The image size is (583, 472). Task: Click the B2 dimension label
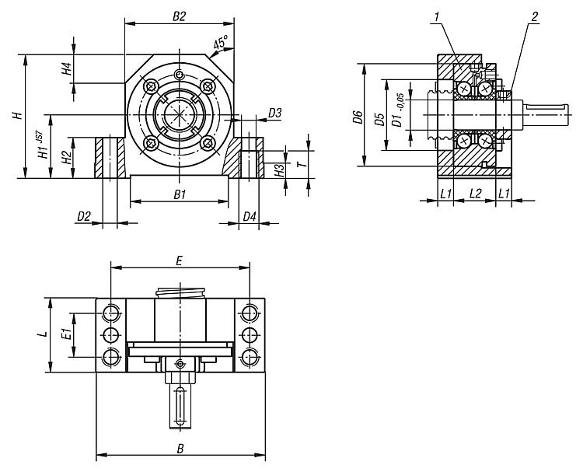coord(179,17)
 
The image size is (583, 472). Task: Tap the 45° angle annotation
coord(221,43)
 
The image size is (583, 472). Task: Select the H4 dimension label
coord(66,68)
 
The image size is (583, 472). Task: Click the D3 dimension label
coord(274,113)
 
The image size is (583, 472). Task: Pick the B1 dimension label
coord(180,194)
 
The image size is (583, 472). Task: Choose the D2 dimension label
coord(84,216)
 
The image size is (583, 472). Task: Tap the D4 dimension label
coord(249,216)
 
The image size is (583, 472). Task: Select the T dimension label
coord(303,164)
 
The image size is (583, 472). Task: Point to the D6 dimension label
coord(358,117)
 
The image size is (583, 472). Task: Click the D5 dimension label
coord(379,119)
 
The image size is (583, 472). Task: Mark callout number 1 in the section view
coord(437,16)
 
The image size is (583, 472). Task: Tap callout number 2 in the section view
coord(534,16)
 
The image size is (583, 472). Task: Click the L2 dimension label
coord(476,193)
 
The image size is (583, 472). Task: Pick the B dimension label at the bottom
coord(180,448)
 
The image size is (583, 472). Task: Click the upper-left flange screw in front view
coord(152,87)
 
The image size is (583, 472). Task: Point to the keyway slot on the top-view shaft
coord(180,407)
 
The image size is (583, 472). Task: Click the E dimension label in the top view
coord(179,261)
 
